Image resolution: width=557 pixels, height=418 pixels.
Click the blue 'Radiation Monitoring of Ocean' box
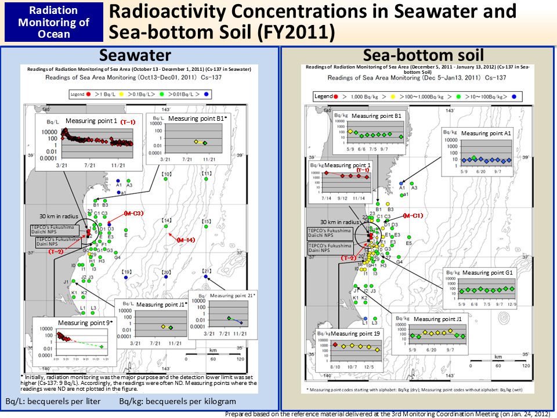[x=54, y=22]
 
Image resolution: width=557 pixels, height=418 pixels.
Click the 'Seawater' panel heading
[x=135, y=55]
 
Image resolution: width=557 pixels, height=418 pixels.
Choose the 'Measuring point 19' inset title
[x=356, y=334]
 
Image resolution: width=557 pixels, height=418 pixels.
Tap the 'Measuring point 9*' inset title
[x=84, y=322]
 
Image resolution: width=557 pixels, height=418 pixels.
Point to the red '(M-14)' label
[x=186, y=240]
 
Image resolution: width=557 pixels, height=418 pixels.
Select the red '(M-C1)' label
[x=413, y=216]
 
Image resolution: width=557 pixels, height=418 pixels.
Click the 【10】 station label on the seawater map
[x=166, y=174]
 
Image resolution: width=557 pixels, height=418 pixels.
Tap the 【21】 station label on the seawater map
[x=207, y=271]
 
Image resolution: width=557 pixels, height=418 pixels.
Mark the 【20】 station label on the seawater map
[x=166, y=272]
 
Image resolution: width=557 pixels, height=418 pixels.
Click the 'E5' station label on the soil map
[x=408, y=243]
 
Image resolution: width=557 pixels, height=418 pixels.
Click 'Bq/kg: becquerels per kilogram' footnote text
[x=178, y=402]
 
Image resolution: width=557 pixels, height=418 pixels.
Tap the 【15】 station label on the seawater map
[x=207, y=222]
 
